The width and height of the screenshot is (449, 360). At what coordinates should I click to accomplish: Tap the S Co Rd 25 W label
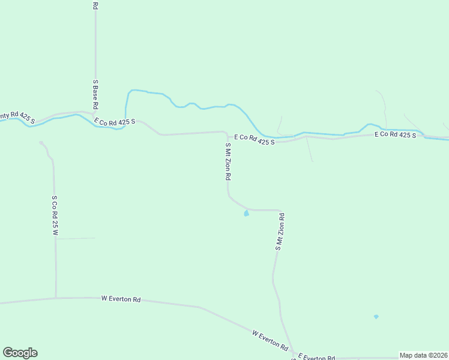click(x=55, y=215)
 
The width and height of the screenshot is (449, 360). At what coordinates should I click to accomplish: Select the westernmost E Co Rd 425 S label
click(x=115, y=122)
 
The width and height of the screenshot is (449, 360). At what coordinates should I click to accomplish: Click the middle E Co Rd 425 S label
click(x=254, y=139)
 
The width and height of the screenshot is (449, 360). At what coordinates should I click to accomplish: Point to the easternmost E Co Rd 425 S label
click(x=395, y=135)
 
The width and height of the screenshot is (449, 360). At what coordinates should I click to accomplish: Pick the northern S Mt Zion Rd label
click(x=228, y=162)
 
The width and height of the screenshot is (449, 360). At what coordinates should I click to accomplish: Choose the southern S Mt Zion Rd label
click(x=279, y=232)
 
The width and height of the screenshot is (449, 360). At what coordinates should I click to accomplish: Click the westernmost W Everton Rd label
click(x=121, y=298)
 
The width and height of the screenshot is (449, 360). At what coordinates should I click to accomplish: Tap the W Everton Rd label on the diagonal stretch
click(x=270, y=340)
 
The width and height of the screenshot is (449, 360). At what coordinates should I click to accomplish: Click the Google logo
click(x=20, y=353)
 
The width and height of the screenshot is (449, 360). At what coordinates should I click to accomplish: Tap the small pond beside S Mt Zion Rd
click(x=246, y=213)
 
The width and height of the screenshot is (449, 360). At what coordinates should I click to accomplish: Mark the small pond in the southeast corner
click(x=376, y=317)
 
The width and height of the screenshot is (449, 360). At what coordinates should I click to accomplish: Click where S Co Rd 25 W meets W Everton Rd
click(x=56, y=298)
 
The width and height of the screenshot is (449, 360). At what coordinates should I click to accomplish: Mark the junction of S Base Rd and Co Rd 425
click(x=95, y=112)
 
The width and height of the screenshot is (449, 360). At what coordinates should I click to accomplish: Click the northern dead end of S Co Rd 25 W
click(x=41, y=143)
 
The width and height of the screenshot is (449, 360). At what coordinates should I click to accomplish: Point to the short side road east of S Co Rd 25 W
click(x=75, y=239)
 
